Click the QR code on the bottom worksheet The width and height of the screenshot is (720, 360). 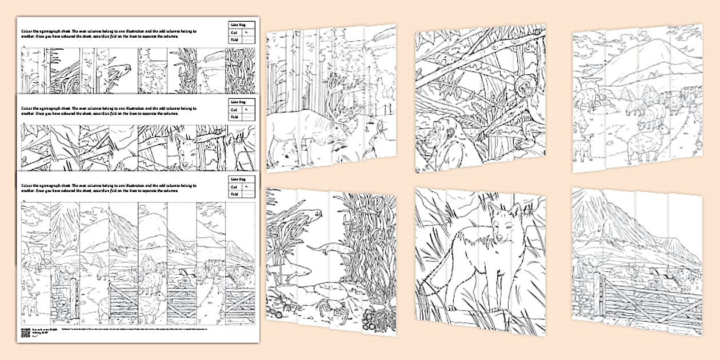coord(25,333)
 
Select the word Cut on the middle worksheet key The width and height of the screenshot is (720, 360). coord(233,109)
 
